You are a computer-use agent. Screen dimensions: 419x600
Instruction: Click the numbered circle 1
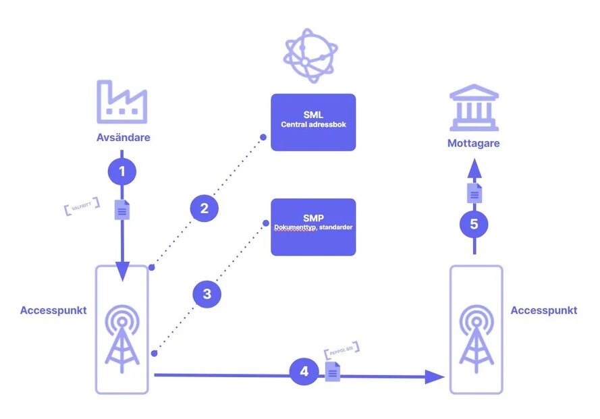(122, 171)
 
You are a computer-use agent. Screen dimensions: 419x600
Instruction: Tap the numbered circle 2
(204, 208)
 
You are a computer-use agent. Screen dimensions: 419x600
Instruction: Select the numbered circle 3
(207, 294)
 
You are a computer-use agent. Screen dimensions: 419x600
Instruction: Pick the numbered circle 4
(304, 371)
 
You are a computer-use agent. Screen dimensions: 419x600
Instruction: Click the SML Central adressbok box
(313, 122)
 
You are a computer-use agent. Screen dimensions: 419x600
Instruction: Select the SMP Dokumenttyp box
(313, 227)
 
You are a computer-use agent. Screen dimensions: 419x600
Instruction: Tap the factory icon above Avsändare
(122, 102)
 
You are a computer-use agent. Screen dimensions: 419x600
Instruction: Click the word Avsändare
(122, 138)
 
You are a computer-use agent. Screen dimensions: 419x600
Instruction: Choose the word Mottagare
(474, 143)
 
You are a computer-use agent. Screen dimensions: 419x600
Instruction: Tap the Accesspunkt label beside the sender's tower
(53, 310)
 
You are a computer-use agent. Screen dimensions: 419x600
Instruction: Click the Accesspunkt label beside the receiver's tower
(544, 310)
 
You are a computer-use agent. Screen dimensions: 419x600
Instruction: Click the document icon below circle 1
(122, 210)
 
